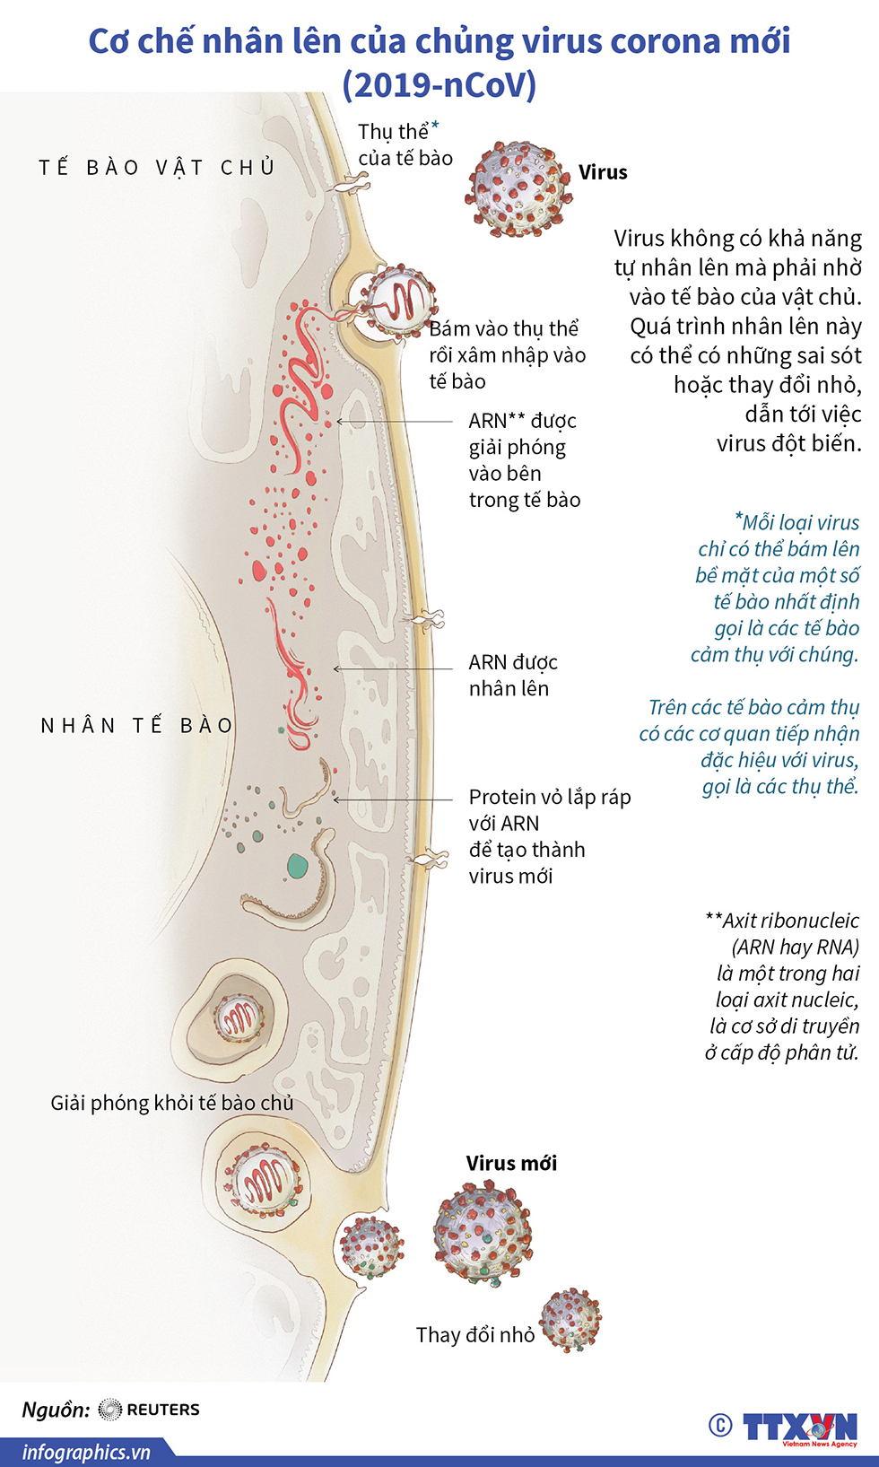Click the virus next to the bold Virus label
(516, 189)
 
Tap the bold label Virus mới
(511, 1164)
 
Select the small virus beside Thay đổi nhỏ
(570, 1319)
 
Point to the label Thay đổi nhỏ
(474, 1335)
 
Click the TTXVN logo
(799, 1427)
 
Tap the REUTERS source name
(162, 1410)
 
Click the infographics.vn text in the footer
(86, 1452)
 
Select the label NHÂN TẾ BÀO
(137, 725)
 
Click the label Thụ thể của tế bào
(405, 145)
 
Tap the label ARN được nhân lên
(512, 675)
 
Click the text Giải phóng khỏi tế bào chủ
(172, 1103)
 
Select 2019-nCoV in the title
(439, 84)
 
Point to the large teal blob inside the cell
(297, 867)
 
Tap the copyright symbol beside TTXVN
(720, 1425)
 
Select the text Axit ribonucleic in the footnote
(790, 921)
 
